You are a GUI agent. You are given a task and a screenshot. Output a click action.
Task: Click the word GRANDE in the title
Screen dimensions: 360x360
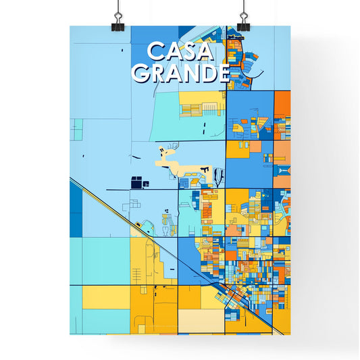click(180, 72)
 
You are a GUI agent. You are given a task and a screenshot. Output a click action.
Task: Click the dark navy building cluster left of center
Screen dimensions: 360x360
click(139, 182)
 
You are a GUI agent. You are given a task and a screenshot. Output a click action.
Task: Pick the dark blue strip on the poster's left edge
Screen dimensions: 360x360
click(74, 203)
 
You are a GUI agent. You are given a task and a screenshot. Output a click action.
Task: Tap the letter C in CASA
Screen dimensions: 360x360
click(155, 52)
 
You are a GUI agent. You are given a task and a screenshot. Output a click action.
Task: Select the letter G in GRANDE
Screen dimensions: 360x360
click(141, 72)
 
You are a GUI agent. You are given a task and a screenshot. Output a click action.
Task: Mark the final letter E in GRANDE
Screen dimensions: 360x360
click(222, 72)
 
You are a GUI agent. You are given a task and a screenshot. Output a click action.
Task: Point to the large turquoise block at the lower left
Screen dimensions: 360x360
click(101, 260)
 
